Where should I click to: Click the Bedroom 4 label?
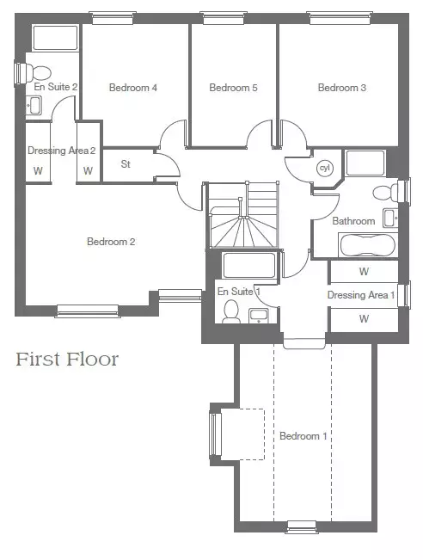coord(132,88)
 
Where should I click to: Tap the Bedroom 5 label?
coord(233,88)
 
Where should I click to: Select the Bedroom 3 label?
coord(342,88)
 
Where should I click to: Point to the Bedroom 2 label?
coord(111,242)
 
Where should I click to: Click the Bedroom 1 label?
coord(303,436)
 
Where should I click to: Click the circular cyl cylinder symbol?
coord(325,168)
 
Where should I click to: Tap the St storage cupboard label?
coord(126,164)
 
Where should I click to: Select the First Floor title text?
coord(67,360)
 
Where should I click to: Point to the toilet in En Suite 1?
coord(231,311)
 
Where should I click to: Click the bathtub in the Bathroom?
coord(368,245)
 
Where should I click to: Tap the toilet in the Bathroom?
coord(385,193)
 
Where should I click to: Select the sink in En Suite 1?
coord(259,316)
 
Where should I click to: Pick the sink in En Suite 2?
coord(34,105)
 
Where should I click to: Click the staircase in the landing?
coord(242,215)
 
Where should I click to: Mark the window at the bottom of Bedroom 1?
coord(302,527)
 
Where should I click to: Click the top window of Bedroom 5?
coord(224,18)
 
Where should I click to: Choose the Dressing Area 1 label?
coord(361,295)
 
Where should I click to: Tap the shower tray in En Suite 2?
coord(55,38)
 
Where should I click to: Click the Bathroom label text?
coord(353,221)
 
